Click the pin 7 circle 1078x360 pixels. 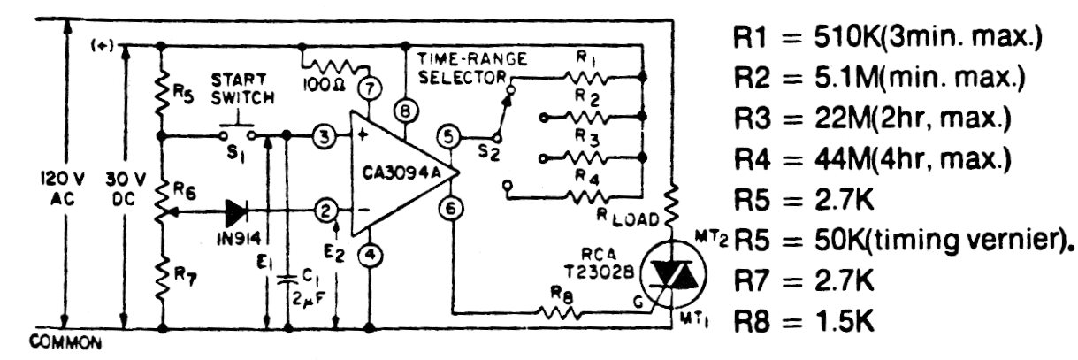click(369, 89)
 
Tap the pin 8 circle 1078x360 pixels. click(405, 112)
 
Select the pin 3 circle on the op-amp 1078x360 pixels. click(325, 136)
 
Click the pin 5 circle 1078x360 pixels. click(448, 137)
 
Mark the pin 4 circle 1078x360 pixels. click(369, 256)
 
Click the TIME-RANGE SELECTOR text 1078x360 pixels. click(472, 69)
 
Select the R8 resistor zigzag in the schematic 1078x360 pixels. click(556, 311)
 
